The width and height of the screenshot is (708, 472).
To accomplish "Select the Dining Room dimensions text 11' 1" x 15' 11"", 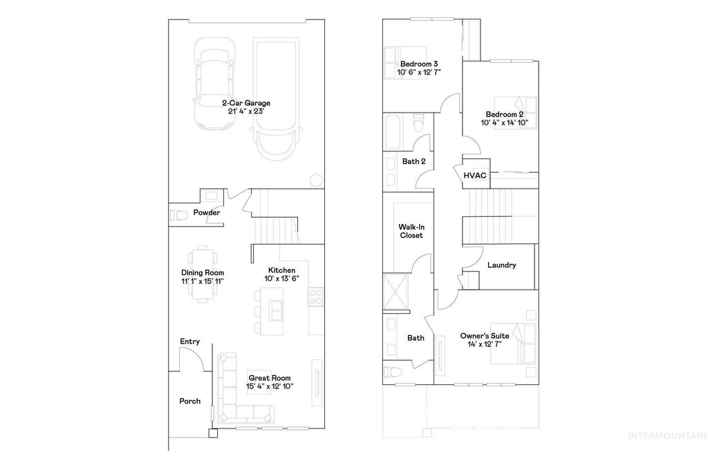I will point(202,281).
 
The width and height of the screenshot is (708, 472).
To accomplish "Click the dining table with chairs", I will point(202,274).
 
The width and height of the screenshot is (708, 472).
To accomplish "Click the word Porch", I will point(190,401).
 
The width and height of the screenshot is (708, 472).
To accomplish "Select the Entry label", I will point(190,341).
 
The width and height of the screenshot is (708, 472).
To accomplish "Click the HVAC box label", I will point(475,176).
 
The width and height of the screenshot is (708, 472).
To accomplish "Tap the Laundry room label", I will point(501,265).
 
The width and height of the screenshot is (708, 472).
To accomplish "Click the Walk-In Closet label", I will point(411,231).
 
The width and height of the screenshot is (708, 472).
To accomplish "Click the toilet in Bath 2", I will point(418,124).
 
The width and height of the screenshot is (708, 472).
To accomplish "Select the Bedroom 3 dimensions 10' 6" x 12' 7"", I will point(419,71).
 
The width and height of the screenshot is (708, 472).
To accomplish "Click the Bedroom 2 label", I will point(504,114).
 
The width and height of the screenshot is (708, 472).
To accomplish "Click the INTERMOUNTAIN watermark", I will point(665,435).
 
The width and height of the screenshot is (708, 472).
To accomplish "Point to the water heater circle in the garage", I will point(315,180).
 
